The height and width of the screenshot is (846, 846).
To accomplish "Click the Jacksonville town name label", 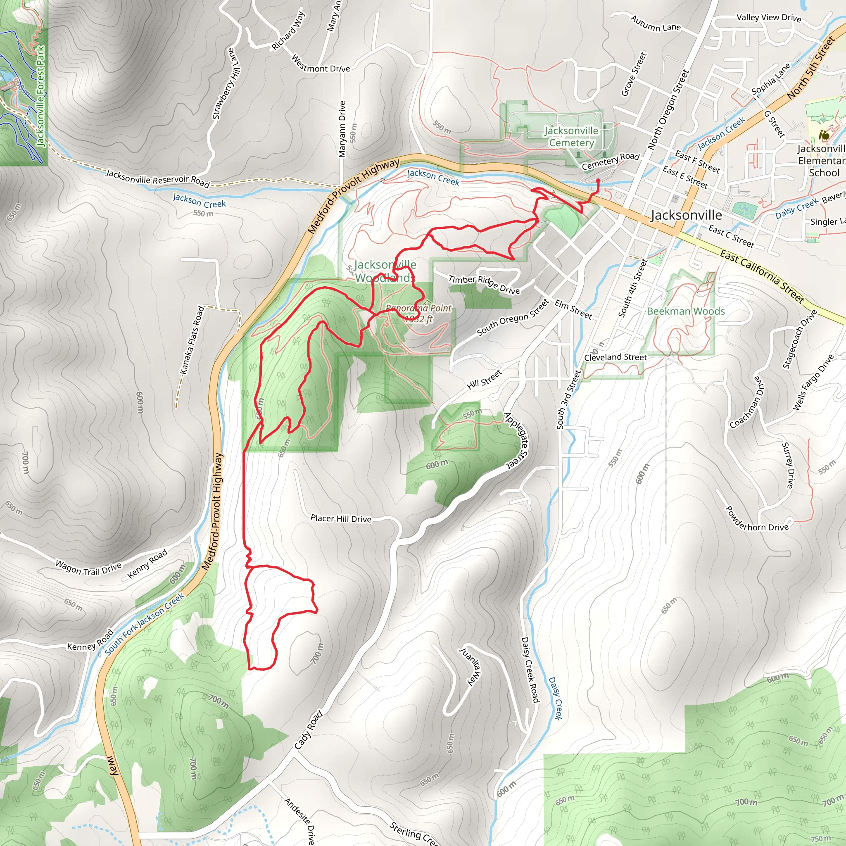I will click(x=686, y=215).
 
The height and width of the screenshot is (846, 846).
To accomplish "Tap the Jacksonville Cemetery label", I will click(x=571, y=137).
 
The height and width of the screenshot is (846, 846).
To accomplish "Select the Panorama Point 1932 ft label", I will click(x=418, y=313).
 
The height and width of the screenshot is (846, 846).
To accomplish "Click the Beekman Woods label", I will click(x=686, y=311).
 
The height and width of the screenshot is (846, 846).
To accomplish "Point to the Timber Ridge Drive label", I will click(x=484, y=285).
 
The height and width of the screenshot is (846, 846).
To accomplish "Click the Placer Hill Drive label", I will click(x=341, y=518).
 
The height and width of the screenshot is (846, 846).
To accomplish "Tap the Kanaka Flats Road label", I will click(x=192, y=340).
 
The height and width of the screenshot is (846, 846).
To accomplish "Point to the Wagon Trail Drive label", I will click(x=88, y=568).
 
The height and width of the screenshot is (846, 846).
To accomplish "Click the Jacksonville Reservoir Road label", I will click(x=158, y=178).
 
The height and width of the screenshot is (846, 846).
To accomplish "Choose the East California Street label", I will click(x=762, y=277).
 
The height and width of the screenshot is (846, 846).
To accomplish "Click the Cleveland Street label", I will click(x=615, y=357).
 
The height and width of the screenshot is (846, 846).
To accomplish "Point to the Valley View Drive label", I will click(x=768, y=18).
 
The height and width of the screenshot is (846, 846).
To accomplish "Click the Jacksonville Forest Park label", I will click(x=40, y=96).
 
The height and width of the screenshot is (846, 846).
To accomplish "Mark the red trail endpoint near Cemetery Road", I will click(x=598, y=181).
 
